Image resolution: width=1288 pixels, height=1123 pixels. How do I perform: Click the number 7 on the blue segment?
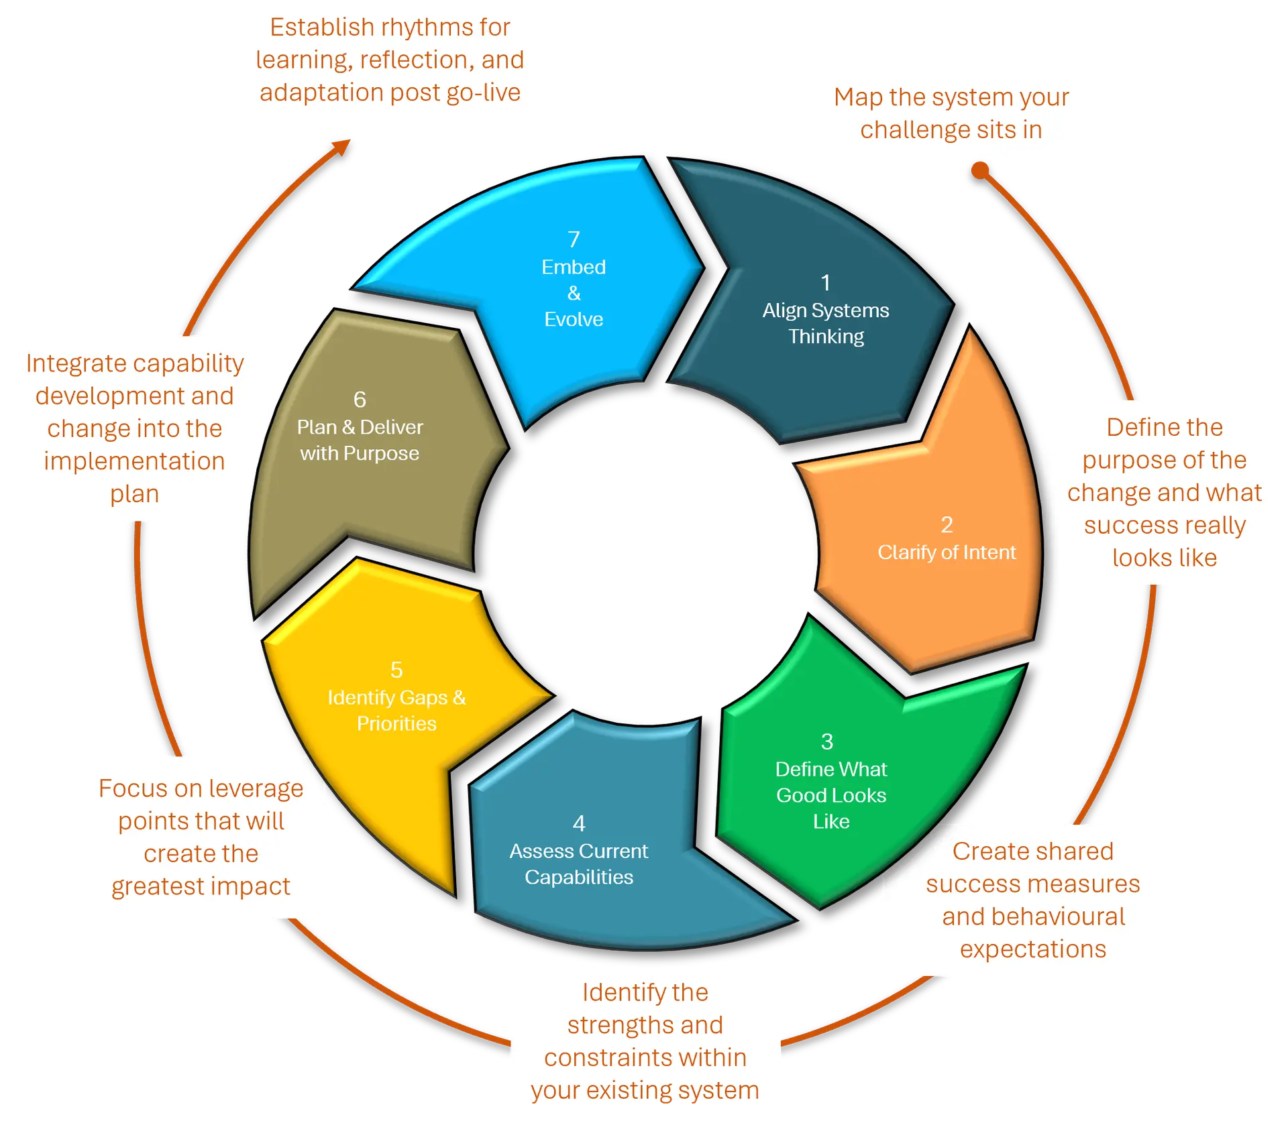574,239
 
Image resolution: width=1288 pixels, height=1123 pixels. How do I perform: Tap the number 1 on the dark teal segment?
826,283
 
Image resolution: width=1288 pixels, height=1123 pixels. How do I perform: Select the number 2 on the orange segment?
947,524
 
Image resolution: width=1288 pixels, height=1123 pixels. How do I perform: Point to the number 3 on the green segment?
827,742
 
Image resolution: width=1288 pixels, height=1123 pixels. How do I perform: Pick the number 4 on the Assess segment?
579,823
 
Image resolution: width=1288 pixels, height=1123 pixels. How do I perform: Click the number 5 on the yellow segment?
396,670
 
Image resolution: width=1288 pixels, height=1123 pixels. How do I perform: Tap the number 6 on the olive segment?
360,400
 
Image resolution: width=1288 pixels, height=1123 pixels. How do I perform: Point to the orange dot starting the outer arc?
980,170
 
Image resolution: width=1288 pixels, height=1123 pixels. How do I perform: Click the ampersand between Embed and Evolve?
574,293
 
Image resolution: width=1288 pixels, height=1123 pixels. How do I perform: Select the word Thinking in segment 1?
826,337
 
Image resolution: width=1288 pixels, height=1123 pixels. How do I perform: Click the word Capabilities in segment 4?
579,877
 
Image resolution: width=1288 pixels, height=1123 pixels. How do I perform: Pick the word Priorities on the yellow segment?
396,723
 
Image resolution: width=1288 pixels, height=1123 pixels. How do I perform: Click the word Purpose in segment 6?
381,454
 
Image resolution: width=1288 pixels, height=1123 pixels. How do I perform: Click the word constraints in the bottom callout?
645,1058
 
